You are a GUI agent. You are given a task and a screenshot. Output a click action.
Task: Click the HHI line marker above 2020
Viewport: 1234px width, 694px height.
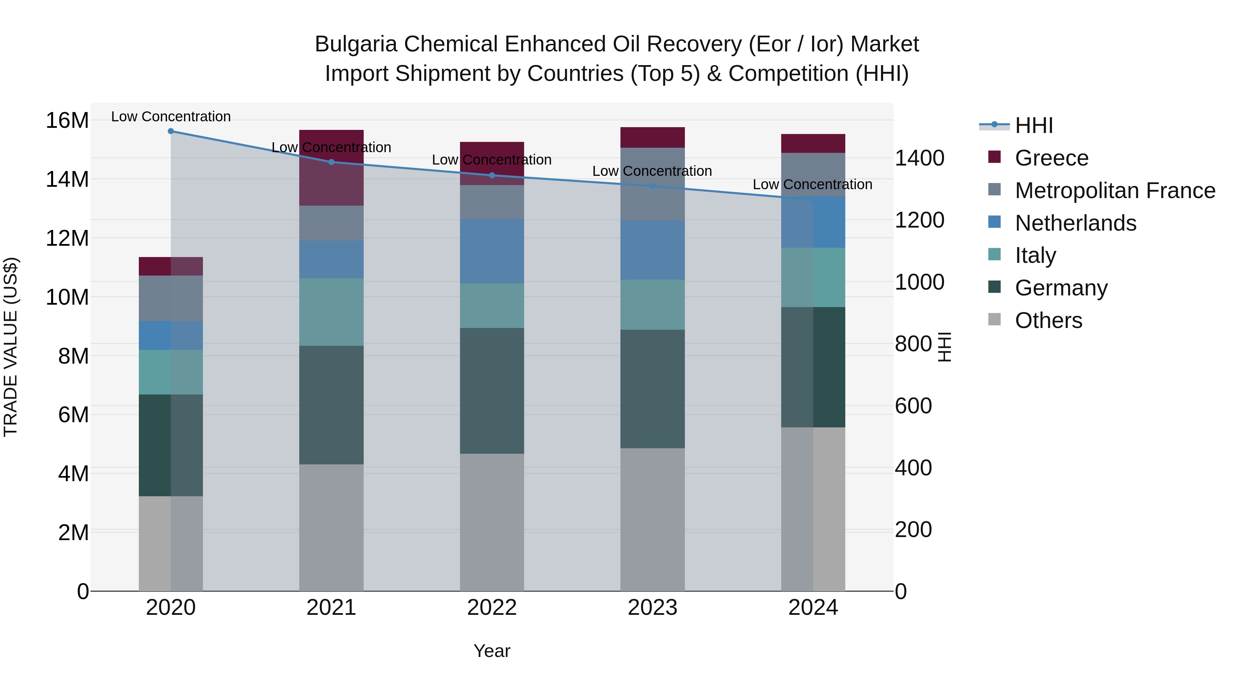(171, 131)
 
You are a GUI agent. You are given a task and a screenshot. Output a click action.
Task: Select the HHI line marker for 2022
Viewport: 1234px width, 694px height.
(492, 175)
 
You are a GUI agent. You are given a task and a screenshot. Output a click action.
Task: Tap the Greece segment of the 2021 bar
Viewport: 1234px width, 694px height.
(331, 167)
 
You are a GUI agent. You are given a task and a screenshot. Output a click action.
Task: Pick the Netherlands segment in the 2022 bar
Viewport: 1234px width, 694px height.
(492, 251)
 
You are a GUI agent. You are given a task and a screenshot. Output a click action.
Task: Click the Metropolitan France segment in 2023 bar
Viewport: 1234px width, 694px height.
(652, 184)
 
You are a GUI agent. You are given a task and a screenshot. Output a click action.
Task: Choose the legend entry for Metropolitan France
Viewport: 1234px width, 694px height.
(1115, 190)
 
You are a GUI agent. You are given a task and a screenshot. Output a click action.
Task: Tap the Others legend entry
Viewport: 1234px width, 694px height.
(1048, 320)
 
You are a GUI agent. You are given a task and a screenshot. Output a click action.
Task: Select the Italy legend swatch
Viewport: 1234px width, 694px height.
(994, 255)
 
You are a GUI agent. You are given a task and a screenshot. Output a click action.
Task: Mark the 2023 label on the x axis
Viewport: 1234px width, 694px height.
(652, 608)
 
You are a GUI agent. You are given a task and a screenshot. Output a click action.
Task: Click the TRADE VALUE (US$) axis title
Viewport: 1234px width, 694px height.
(11, 347)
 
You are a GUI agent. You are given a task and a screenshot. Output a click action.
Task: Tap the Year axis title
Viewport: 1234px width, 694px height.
(492, 651)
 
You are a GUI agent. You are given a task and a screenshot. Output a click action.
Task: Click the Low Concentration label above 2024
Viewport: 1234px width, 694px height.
(812, 184)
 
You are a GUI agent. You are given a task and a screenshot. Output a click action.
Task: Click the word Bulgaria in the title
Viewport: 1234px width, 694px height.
(355, 44)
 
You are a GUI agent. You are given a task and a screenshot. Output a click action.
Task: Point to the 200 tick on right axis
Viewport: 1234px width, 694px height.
(913, 530)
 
